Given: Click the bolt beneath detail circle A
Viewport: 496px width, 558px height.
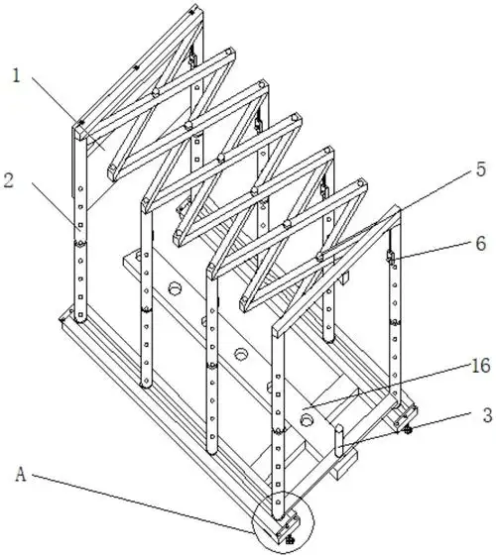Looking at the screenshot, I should click(288, 539).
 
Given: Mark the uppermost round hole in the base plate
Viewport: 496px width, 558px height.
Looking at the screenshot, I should click(176, 290).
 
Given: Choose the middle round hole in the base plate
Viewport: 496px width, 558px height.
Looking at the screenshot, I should click(240, 353).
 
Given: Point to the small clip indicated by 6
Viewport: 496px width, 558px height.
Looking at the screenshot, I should click(389, 259).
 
